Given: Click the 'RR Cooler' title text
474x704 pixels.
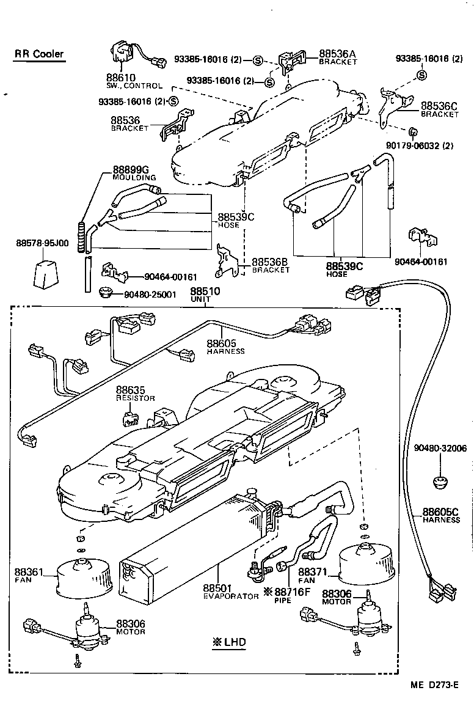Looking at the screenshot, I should point(39,54).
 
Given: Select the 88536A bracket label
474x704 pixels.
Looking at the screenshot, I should point(337,54).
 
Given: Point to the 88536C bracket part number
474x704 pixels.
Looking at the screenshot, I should point(439,106).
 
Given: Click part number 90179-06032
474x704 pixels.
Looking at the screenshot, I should point(437,145).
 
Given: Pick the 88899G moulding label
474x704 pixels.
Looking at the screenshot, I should point(130,169).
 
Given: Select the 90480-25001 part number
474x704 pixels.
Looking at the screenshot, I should point(150,294).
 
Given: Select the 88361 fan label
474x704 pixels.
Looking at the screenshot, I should point(29,573).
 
